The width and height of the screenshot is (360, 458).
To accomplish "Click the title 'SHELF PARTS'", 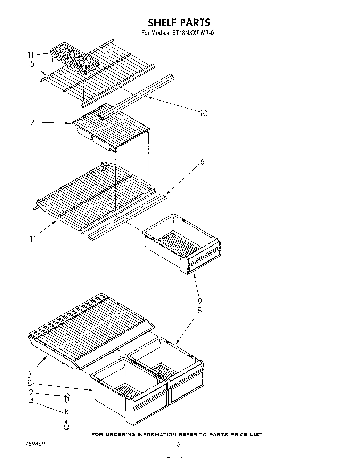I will (x=179, y=23).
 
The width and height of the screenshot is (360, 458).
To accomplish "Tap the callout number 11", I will (x=31, y=55).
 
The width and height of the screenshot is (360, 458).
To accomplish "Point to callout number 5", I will (x=32, y=64).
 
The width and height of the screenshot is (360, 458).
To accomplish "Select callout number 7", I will (x=32, y=122).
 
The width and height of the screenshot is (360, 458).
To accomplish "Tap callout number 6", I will (x=202, y=162).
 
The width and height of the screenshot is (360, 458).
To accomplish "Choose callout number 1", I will (x=31, y=239).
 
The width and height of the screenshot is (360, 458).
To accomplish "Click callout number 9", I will (x=200, y=301).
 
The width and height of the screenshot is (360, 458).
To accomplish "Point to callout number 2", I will (x=31, y=392).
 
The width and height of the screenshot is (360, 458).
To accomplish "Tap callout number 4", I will (x=31, y=401).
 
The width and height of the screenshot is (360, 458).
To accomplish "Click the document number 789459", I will (x=35, y=444).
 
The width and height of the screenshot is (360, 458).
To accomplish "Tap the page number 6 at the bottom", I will (x=178, y=444).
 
